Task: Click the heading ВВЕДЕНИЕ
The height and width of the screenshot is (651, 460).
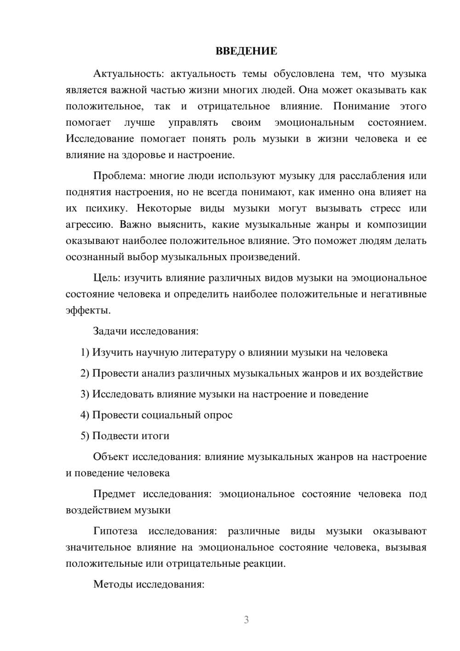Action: click(246, 51)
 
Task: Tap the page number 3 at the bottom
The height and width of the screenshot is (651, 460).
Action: click(246, 620)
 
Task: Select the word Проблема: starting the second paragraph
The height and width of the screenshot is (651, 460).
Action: click(115, 176)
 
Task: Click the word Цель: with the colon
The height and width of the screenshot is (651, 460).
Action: click(107, 278)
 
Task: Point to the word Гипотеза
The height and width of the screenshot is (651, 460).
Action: click(115, 531)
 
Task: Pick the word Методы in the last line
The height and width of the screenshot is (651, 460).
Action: click(110, 584)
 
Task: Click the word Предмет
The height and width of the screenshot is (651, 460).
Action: click(114, 494)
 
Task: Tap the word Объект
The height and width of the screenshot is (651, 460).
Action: click(111, 457)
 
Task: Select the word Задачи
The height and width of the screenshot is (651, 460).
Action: click(110, 331)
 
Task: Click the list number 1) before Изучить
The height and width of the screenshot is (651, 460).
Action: click(85, 352)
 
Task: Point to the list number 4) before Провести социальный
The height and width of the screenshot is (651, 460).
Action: click(85, 415)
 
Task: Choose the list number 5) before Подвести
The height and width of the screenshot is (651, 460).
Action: click(85, 436)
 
